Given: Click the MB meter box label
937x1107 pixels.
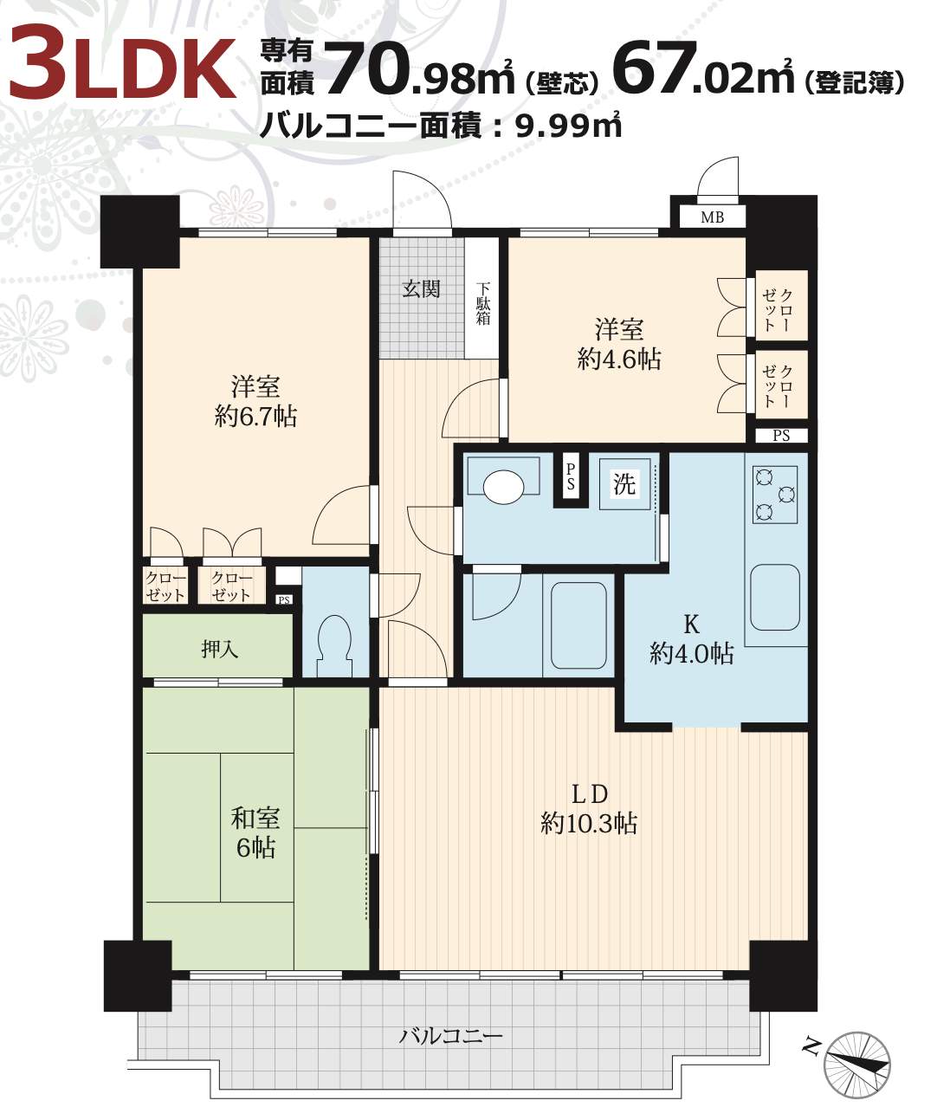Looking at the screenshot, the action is pos(712,217).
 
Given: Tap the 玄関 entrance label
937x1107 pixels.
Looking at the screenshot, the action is pos(422,289).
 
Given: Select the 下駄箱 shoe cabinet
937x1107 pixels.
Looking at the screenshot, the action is pos(481,298).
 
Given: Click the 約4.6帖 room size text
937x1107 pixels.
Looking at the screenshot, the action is pos(619,359).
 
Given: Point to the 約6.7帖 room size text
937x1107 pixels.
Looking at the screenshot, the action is pos(255,416).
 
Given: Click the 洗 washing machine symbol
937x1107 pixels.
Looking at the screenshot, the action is pos(624,484).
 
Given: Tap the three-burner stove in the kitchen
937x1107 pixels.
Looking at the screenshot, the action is pos(775,495).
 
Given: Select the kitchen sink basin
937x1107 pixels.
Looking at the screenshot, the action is pos(775,597).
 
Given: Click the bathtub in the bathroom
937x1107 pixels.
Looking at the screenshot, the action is pos(578,625).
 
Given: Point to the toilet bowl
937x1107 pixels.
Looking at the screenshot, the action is pos(335,646).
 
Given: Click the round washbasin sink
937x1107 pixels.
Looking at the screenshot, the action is pos(503,486).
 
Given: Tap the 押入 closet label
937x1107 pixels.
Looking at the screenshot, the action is pos(219,650).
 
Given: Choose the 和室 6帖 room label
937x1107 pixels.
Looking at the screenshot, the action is pos(255,833).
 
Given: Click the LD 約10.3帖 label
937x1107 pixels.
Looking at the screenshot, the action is pos(589,809).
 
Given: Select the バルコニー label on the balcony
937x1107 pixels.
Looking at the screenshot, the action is pos(451,1036).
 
